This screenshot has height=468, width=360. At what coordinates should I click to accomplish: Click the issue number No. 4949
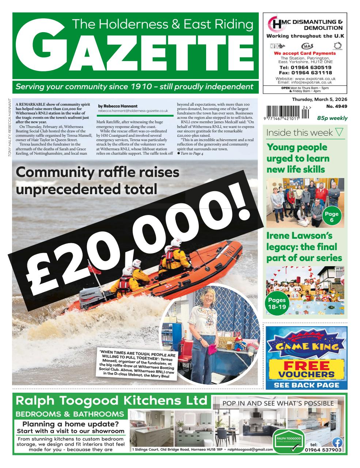(x=337, y=107)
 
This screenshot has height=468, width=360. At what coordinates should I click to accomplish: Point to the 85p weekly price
(x=332, y=118)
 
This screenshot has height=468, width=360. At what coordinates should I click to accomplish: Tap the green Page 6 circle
(x=331, y=216)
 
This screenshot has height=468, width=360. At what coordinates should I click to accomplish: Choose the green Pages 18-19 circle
(x=277, y=303)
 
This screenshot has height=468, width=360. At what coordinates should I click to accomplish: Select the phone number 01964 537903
(x=323, y=450)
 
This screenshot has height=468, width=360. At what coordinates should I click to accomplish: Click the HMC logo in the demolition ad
(x=274, y=25)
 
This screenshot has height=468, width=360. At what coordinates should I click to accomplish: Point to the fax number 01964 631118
(x=305, y=73)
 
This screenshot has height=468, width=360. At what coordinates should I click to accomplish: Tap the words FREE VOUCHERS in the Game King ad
(x=307, y=369)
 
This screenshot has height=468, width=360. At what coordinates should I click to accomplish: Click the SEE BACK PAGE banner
(x=306, y=385)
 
